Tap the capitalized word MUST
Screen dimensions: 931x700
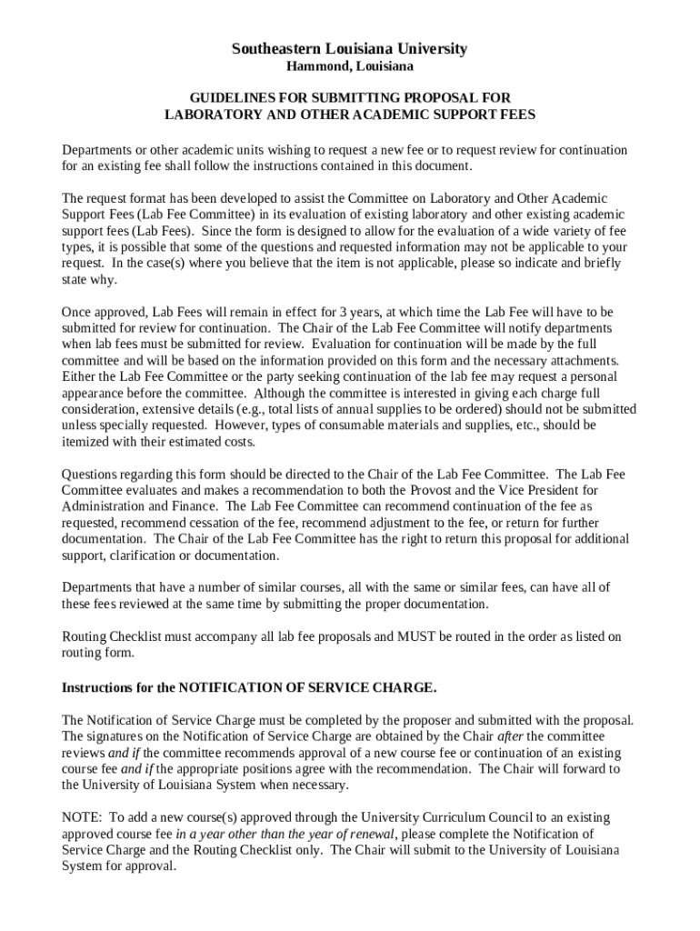(x=414, y=637)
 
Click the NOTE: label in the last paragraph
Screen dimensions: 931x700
(x=81, y=818)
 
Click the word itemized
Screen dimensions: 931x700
(x=86, y=442)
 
